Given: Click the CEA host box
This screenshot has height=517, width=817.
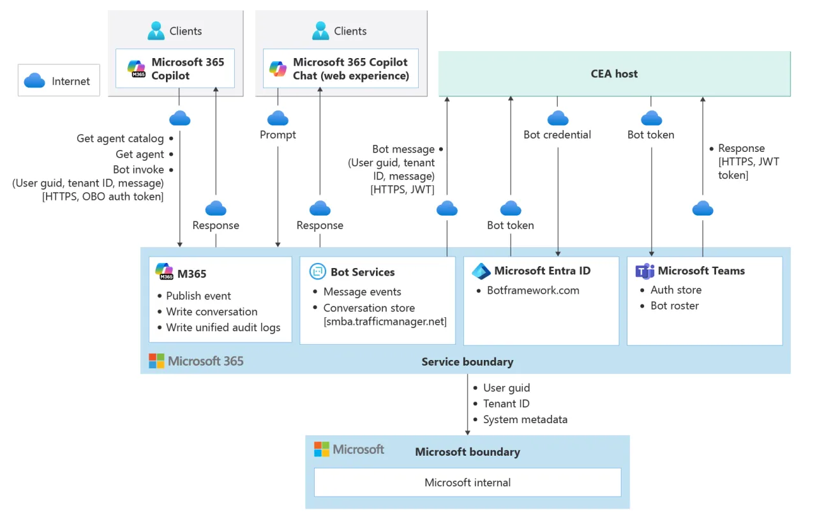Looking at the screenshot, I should tap(614, 74).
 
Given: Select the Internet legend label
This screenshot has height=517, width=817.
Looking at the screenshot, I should tap(71, 81).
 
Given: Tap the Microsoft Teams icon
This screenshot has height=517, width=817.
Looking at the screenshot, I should tap(645, 271).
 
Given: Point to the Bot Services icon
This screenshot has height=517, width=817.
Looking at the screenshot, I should tap(317, 272).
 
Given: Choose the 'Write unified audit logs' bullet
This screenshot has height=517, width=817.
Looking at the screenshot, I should tap(223, 327).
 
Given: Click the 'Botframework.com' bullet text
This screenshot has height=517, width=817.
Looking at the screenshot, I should tap(533, 290).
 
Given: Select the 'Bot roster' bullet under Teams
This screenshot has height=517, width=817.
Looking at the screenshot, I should tap(674, 306).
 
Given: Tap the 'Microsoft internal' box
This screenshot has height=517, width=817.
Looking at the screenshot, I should tap(467, 483).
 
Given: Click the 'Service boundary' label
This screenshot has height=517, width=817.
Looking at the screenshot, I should tap(467, 362).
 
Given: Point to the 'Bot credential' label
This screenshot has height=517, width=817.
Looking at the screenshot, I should tap(557, 135).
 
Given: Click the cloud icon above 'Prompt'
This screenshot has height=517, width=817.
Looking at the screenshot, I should tap(278, 118).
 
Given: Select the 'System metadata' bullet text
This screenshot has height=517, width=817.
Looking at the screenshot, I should tap(525, 419).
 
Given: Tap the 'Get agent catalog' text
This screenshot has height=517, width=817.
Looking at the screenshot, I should tap(120, 139).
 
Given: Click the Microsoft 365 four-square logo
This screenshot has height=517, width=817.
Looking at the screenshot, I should tap(156, 361).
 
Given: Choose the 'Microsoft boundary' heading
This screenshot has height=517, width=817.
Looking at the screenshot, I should tap(467, 452).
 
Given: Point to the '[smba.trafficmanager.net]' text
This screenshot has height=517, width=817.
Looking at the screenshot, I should tap(385, 321).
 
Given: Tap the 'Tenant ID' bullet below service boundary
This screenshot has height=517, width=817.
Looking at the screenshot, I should tap(506, 403).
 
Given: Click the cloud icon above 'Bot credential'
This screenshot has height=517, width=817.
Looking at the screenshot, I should tap(558, 118).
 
